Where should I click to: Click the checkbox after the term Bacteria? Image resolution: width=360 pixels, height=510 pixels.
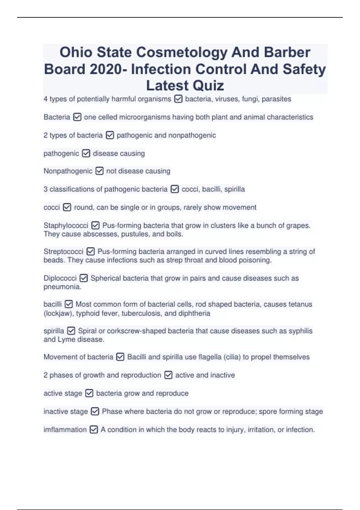point(77,117)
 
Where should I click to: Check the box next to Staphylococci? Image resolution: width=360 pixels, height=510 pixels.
point(95,225)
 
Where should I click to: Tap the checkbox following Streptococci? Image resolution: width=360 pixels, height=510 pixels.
point(90,251)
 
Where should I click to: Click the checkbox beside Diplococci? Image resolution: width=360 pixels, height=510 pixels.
point(84,278)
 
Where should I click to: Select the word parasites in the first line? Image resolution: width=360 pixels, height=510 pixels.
point(276,99)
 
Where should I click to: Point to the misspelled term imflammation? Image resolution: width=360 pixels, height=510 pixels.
point(65,430)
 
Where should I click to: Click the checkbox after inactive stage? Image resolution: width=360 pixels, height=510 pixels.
point(95,411)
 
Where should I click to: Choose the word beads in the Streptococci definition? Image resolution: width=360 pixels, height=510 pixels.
point(54,260)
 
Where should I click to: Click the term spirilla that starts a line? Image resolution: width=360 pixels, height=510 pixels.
point(54,331)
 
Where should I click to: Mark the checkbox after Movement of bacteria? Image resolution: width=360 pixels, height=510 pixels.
point(120,357)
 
